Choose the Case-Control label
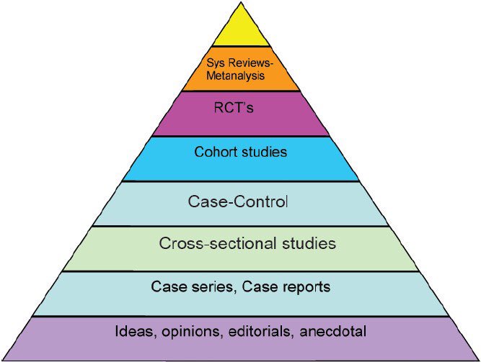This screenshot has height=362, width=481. click(238, 202)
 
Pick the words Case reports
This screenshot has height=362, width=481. click(286, 286)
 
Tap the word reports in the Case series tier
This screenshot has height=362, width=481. click(304, 287)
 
